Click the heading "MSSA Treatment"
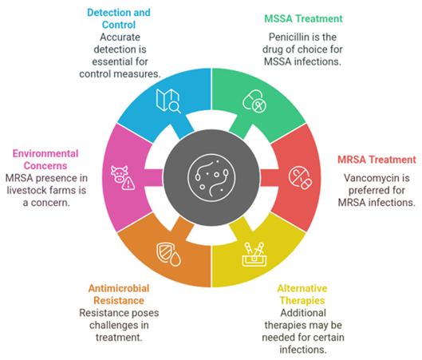[x=303, y=19]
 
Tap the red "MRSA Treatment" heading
[x=377, y=160]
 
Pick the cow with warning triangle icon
[x=123, y=178]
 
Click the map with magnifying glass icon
[x=168, y=101]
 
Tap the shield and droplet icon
[x=168, y=255]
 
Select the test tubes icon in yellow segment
[x=254, y=255]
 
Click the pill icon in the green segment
[x=254, y=101]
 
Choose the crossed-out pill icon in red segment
[x=300, y=178]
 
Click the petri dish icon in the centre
[x=211, y=178]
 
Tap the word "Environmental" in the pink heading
[x=45, y=153]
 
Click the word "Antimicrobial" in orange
[x=119, y=288]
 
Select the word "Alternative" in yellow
[x=302, y=288]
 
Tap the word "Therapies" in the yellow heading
[x=302, y=301]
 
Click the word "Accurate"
[x=120, y=38]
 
